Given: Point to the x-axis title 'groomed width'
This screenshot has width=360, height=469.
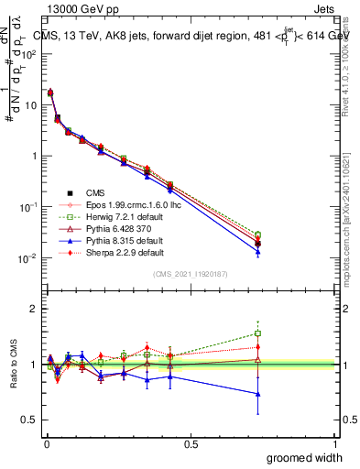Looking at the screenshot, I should point(305,457).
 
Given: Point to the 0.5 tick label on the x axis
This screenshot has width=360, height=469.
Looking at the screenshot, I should point(191,444).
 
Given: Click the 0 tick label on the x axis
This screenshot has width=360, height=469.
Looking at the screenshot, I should point(46,444).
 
